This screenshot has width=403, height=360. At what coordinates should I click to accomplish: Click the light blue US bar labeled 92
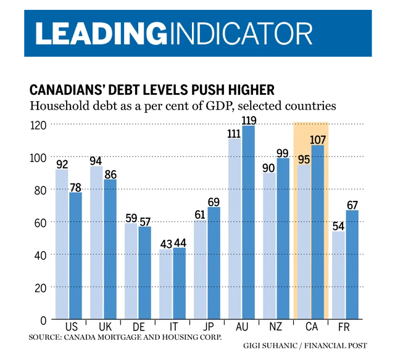tap(62, 244)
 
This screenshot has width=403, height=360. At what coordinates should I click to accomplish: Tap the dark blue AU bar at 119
tap(248, 222)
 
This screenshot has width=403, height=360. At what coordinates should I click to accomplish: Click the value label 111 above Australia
tap(235, 133)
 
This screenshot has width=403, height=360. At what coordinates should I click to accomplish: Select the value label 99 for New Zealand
tap(283, 153)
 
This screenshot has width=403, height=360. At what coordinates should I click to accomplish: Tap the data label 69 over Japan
tap(214, 202)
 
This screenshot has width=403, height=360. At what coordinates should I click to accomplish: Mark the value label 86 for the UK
tap(110, 174)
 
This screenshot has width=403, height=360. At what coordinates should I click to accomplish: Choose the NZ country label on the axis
tap(276, 327)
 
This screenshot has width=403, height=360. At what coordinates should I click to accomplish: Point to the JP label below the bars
tap(207, 327)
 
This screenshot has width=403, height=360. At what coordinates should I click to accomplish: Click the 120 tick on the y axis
tap(38, 125)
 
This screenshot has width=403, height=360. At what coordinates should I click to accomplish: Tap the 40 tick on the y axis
tap(41, 255)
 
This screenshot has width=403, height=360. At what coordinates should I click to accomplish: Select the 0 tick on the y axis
tap(43, 320)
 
